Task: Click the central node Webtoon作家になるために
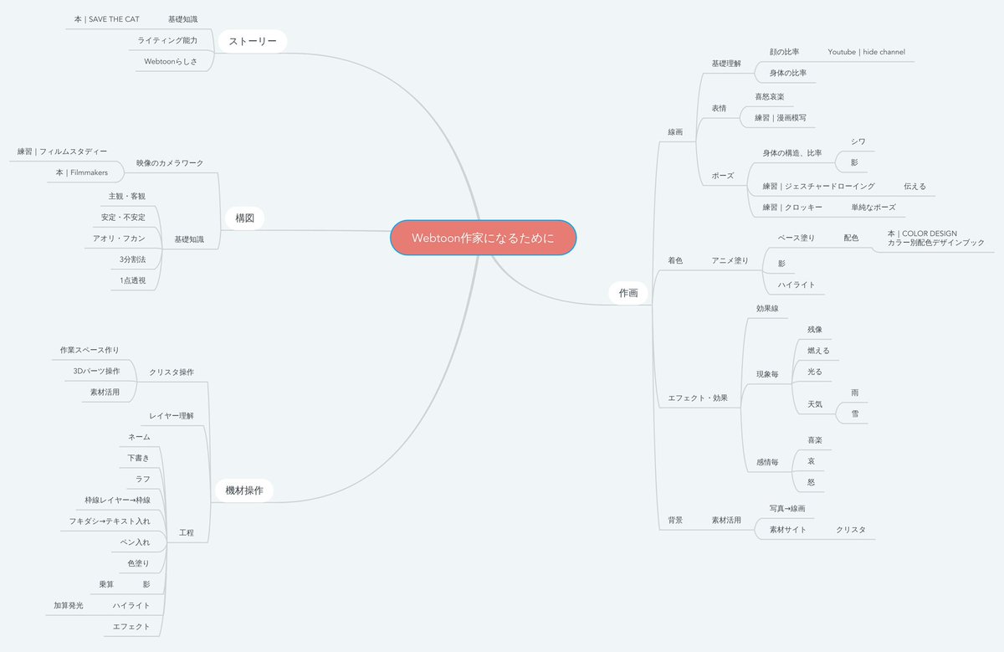(483, 238)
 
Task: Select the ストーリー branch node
(252, 41)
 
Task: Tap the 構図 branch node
(244, 218)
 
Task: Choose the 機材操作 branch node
(244, 490)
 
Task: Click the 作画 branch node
(628, 293)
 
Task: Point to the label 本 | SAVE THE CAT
(106, 18)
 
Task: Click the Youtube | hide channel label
(866, 52)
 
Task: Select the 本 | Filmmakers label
(82, 172)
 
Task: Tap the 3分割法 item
(132, 259)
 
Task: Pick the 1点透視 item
(132, 280)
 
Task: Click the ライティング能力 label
(167, 40)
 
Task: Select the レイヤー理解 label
(172, 415)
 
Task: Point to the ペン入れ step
(136, 542)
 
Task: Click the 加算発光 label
(69, 605)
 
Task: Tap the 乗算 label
(106, 584)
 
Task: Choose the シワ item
(858, 141)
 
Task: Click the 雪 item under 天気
(854, 413)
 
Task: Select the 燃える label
(818, 351)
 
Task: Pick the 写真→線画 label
(786, 508)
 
